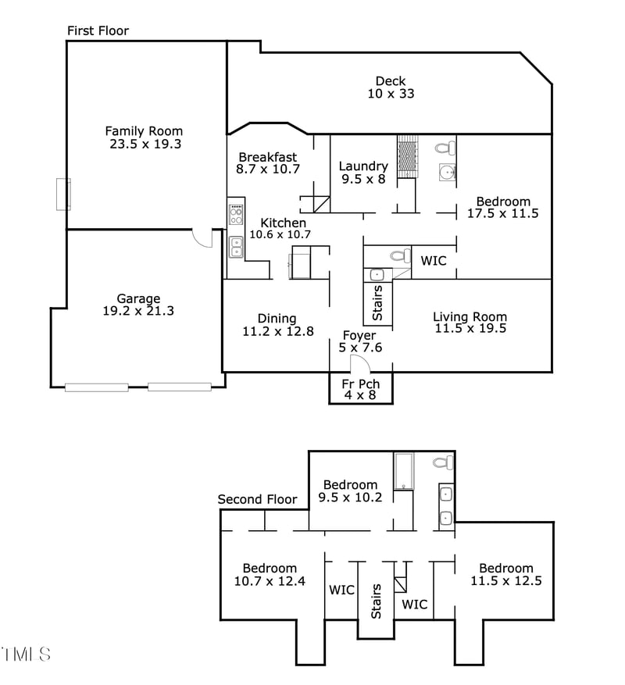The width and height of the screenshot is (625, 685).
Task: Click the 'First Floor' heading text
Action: [x=98, y=30]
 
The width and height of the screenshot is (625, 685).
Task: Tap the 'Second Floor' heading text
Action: [x=257, y=499]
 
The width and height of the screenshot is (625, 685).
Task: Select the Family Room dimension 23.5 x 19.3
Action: [x=144, y=144]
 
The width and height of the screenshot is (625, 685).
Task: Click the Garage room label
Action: [x=138, y=298]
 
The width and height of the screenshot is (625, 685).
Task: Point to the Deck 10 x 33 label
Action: [x=391, y=87]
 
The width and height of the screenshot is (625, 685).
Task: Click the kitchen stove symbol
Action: [x=236, y=215]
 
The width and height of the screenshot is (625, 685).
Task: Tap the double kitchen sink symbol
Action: [x=236, y=248]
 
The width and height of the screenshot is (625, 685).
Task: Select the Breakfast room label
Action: [x=268, y=157]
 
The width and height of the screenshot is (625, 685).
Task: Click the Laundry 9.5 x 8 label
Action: [x=363, y=172]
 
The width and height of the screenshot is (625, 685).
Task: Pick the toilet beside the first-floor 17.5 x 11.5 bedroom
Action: [x=445, y=148]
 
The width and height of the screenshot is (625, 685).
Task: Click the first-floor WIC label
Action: [x=434, y=261]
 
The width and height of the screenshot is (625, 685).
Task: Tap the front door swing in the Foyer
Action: [x=358, y=364]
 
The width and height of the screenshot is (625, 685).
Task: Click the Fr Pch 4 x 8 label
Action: [x=360, y=389]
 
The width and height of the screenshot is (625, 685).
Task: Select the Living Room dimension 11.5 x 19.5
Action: [x=470, y=329]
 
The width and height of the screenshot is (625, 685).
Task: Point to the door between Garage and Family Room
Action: [x=203, y=237]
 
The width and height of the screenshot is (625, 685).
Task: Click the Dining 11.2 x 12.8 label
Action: [x=277, y=325]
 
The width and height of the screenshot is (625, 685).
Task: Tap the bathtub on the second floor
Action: [x=403, y=471]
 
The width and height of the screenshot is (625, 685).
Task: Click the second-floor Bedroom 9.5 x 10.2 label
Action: [x=351, y=491]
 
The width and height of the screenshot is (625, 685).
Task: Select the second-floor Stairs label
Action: [x=377, y=601]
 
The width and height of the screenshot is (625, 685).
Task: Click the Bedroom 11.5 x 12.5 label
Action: [x=506, y=574]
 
